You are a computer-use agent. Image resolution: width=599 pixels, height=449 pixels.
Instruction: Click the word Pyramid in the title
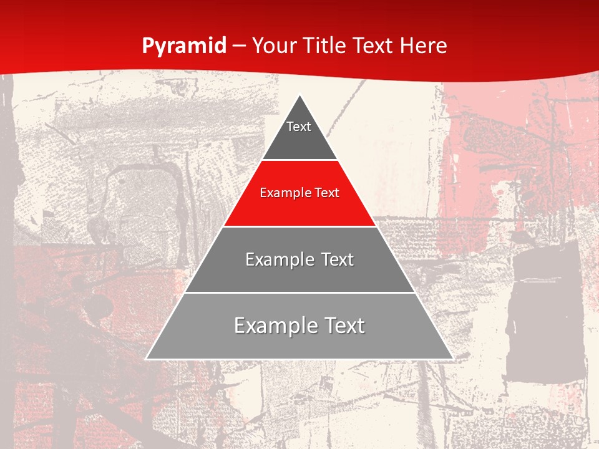(x=184, y=46)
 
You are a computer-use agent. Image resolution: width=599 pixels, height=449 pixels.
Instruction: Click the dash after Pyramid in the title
(x=239, y=46)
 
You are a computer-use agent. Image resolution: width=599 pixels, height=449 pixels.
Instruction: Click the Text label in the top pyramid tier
(x=299, y=127)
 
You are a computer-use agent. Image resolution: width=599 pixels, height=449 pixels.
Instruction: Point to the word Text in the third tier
(x=338, y=259)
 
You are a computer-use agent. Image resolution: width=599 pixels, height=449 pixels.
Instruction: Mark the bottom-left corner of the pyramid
(x=147, y=359)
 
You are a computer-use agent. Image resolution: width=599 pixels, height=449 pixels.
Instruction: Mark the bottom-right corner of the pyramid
(x=452, y=359)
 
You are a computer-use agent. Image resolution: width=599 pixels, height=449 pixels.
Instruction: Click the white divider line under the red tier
(x=299, y=226)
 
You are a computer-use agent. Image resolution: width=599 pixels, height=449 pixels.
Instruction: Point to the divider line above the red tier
(x=299, y=160)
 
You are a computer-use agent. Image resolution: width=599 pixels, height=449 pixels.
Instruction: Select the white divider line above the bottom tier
(x=299, y=292)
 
